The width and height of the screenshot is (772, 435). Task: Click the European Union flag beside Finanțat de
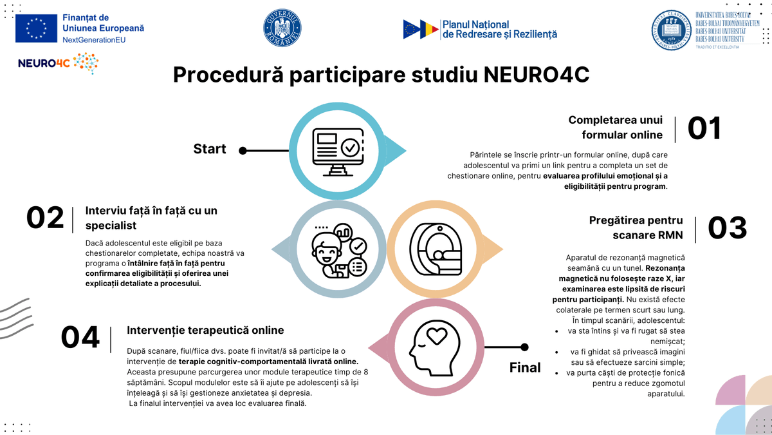click(x=36, y=28)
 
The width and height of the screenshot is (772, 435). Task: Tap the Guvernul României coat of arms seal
click(x=282, y=28)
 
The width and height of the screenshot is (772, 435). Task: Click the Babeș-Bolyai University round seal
click(x=671, y=30)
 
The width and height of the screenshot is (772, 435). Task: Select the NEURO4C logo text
click(x=44, y=64)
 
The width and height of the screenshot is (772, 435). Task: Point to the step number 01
click(x=704, y=128)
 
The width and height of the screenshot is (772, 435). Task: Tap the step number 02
click(x=45, y=218)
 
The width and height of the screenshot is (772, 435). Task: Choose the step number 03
click(x=728, y=227)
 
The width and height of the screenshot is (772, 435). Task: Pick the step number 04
click(x=80, y=338)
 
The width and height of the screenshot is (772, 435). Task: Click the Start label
click(x=210, y=149)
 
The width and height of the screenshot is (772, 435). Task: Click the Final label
click(x=525, y=367)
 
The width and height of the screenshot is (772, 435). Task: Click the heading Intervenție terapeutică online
click(x=205, y=330)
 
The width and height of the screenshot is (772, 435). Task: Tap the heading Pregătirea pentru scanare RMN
click(x=636, y=227)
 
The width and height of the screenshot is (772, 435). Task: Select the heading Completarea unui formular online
click(x=615, y=128)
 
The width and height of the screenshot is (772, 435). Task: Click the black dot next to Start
click(x=243, y=151)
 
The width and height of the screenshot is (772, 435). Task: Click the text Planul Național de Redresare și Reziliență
click(x=499, y=29)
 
